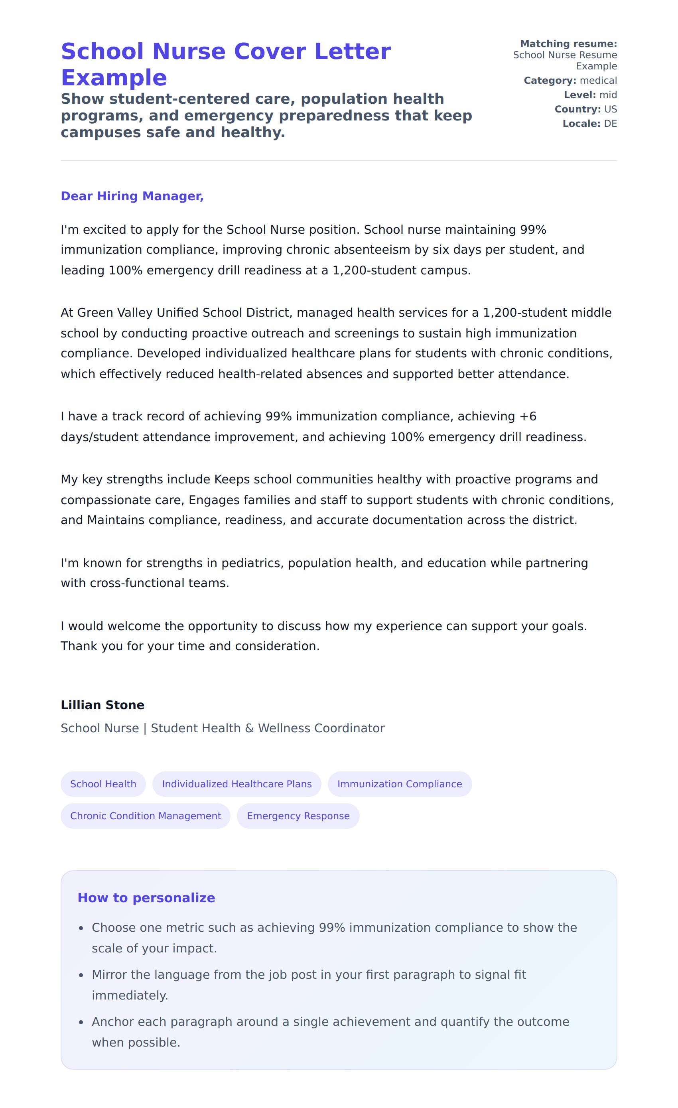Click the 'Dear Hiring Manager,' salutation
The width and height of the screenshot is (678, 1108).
pos(132,196)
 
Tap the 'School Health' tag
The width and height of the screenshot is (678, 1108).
pos(103,784)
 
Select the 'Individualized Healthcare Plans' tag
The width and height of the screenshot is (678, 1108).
pos(237,784)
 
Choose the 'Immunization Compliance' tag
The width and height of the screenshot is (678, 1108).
pos(399,784)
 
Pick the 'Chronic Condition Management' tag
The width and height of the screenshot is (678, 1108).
pos(145,816)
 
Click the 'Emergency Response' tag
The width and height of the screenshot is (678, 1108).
pos(298,816)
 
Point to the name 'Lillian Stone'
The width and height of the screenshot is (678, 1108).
pos(102,705)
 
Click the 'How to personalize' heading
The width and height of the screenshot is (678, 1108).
pos(146,897)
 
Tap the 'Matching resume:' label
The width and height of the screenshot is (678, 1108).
pos(568,43)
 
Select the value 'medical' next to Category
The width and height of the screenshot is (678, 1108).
pos(598,81)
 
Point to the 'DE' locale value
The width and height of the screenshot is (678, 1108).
pos(610,124)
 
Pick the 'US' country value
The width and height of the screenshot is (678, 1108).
pos(610,109)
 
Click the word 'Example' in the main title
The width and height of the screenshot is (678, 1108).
pos(114,78)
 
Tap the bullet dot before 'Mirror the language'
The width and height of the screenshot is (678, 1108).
pos(81,975)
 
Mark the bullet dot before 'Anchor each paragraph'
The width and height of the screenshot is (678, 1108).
pos(81,1023)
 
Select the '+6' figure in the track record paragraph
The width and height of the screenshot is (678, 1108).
pos(527,416)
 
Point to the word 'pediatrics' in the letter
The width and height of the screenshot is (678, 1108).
pos(252,563)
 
